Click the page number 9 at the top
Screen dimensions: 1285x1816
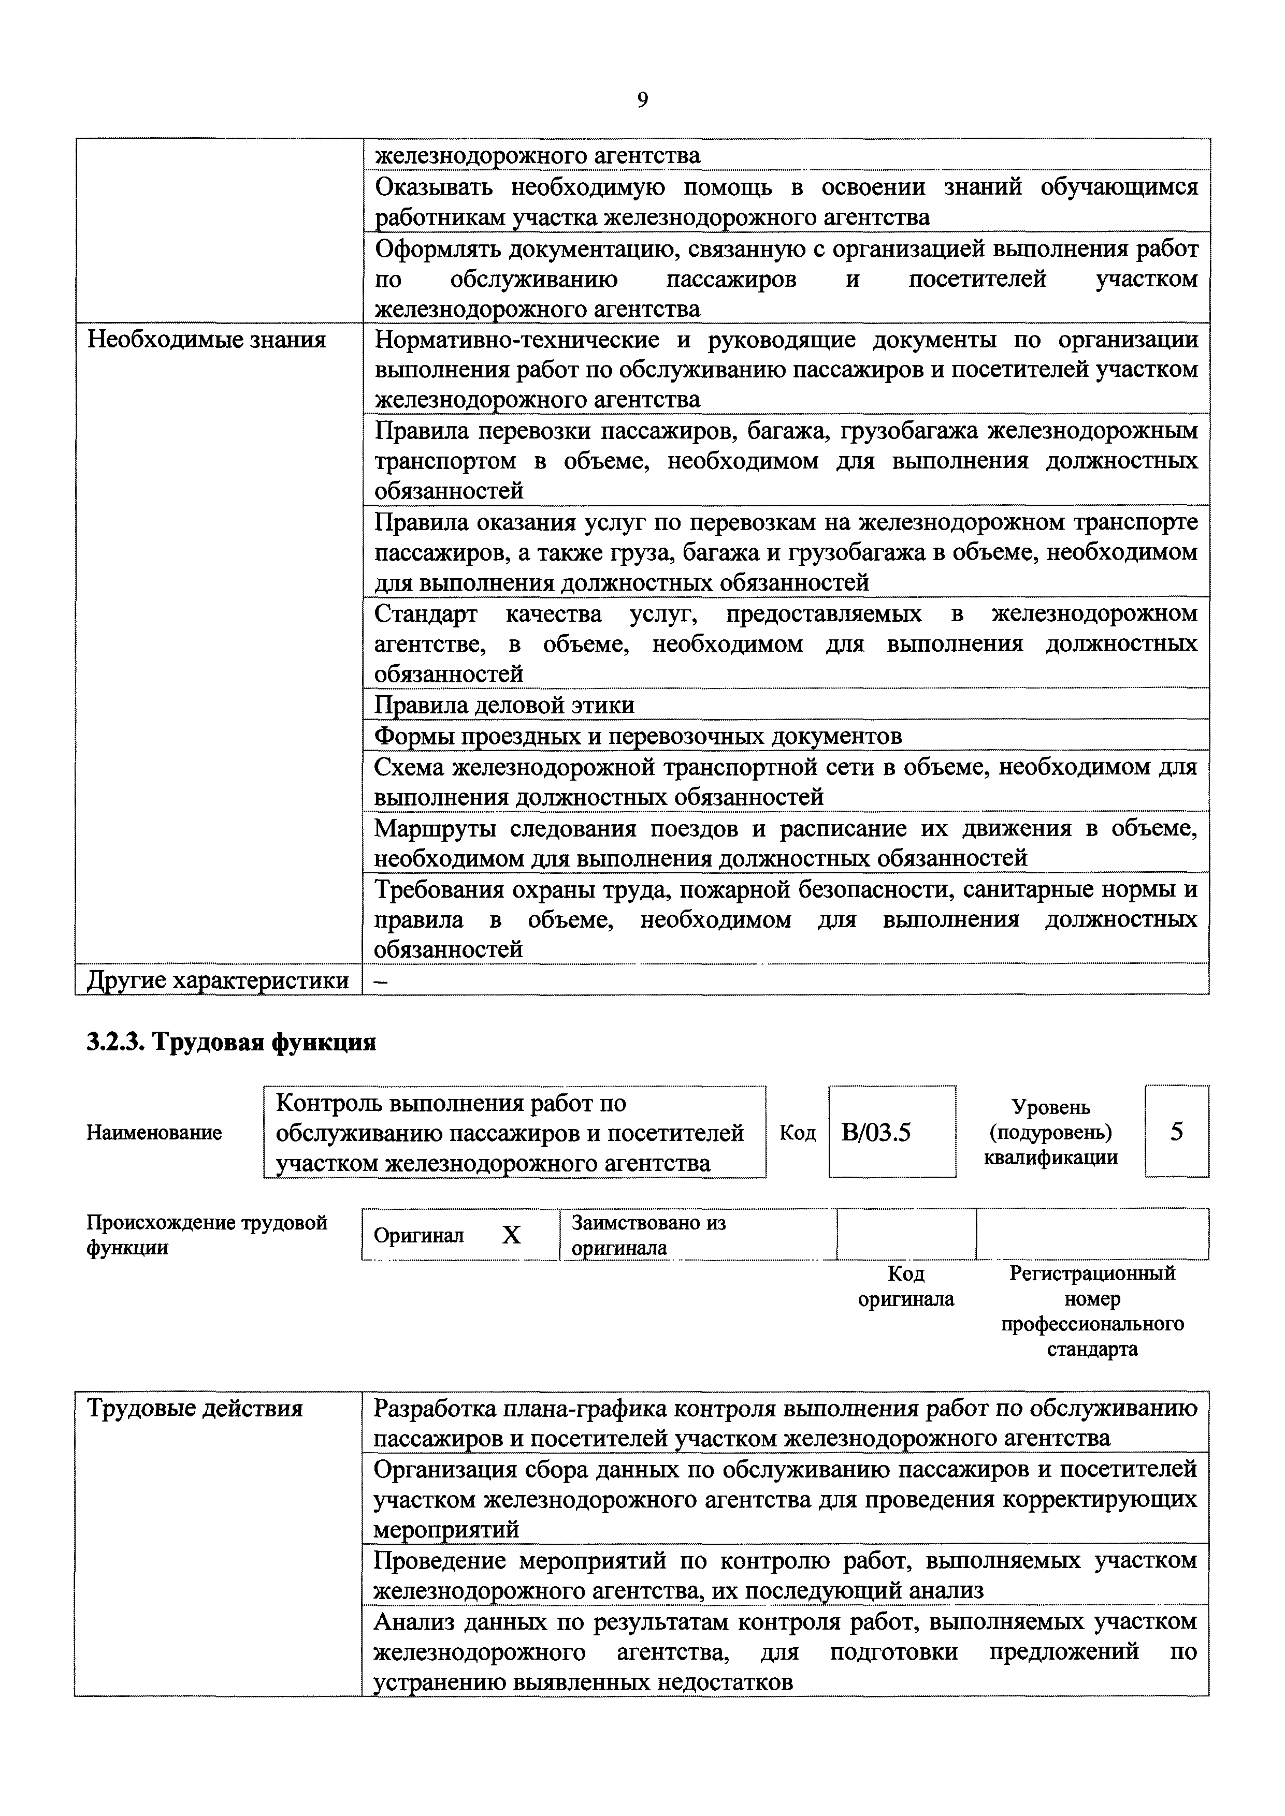[642, 100]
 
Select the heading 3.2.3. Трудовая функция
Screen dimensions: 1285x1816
[231, 1043]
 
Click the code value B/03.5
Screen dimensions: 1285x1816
[877, 1133]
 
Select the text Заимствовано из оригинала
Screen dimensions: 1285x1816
[648, 1235]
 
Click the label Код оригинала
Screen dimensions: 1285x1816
[906, 1286]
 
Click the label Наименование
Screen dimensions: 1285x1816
[154, 1133]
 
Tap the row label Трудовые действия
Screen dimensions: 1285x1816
[195, 1409]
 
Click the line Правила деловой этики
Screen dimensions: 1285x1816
[504, 705]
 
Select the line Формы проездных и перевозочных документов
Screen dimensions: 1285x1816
[638, 736]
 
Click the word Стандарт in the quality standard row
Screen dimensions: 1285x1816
[427, 614]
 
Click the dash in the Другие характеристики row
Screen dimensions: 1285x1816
[381, 981]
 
